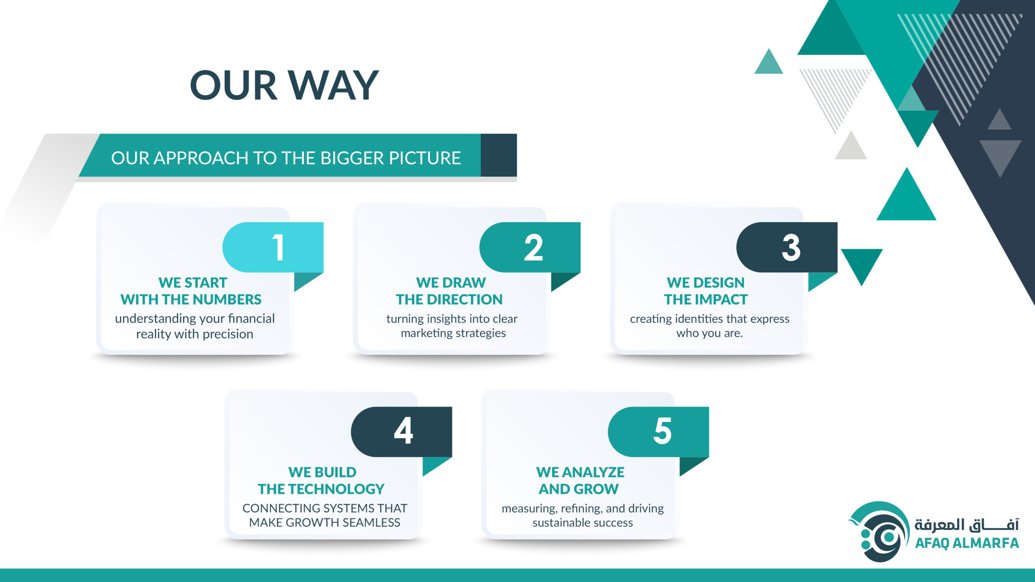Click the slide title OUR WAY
point(284,85)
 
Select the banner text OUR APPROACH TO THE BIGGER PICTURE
point(286,158)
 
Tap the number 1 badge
point(273,247)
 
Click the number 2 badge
point(530,247)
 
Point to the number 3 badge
point(787,247)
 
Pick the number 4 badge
point(401,432)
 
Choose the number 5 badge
point(659,432)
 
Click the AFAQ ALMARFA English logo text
point(967,543)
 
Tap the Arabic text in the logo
point(967,524)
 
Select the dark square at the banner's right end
point(498,155)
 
